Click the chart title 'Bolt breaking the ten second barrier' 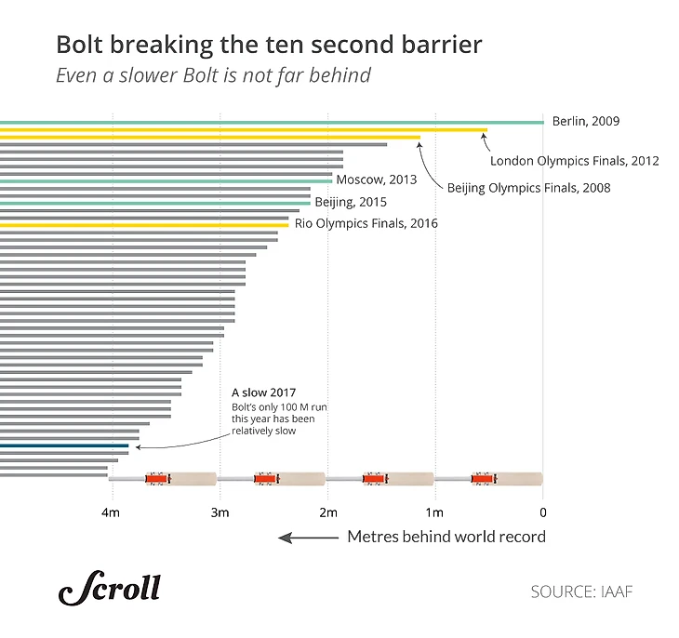point(269,45)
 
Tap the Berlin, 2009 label point(585,121)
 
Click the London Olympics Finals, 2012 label point(574,161)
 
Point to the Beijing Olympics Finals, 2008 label point(528,188)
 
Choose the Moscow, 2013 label point(377,180)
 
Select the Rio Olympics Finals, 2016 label point(366,224)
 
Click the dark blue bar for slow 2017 point(64,445)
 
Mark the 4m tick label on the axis point(111,512)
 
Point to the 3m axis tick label point(220,512)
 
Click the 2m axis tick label point(327,512)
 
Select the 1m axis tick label point(433,512)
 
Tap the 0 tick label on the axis point(542,512)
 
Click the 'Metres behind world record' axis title point(446,537)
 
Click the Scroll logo point(109,589)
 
